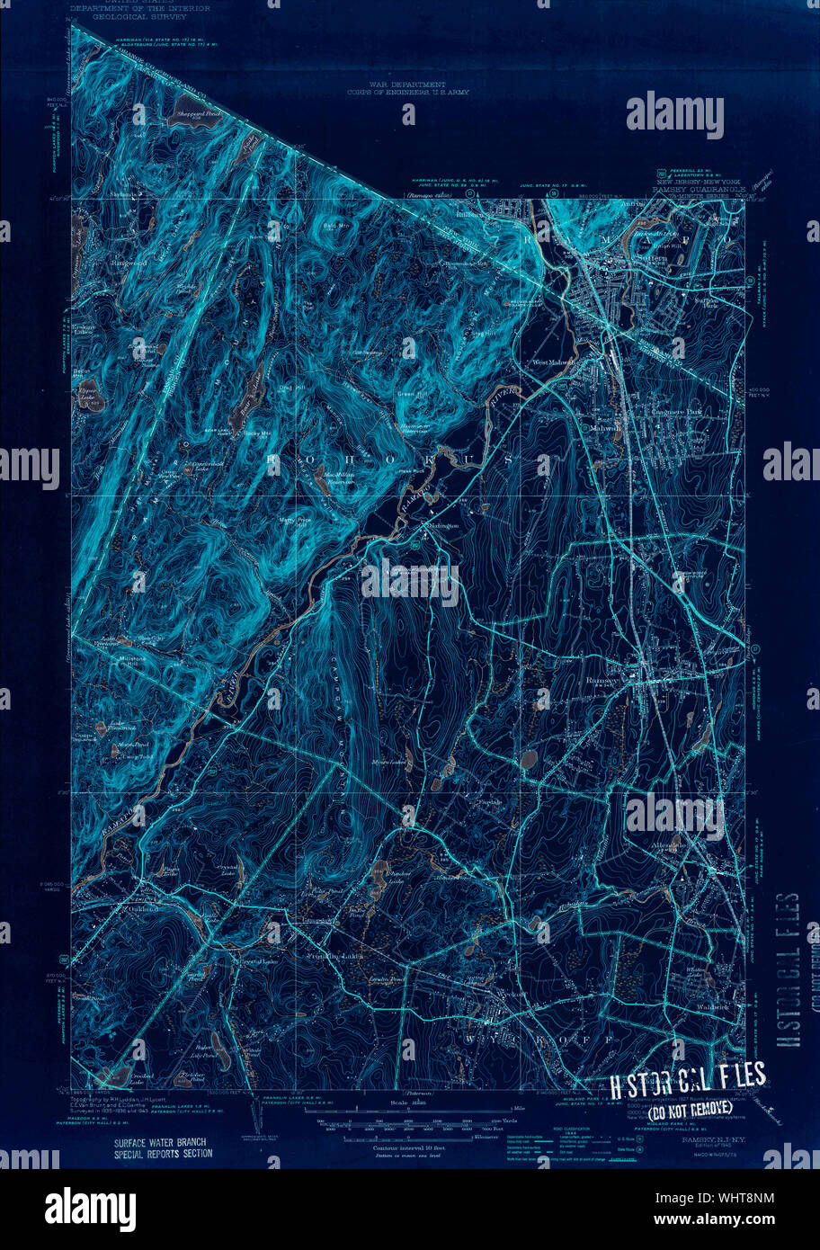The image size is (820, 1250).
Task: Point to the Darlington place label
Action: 441,525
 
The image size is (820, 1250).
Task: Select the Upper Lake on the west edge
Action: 87,393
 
